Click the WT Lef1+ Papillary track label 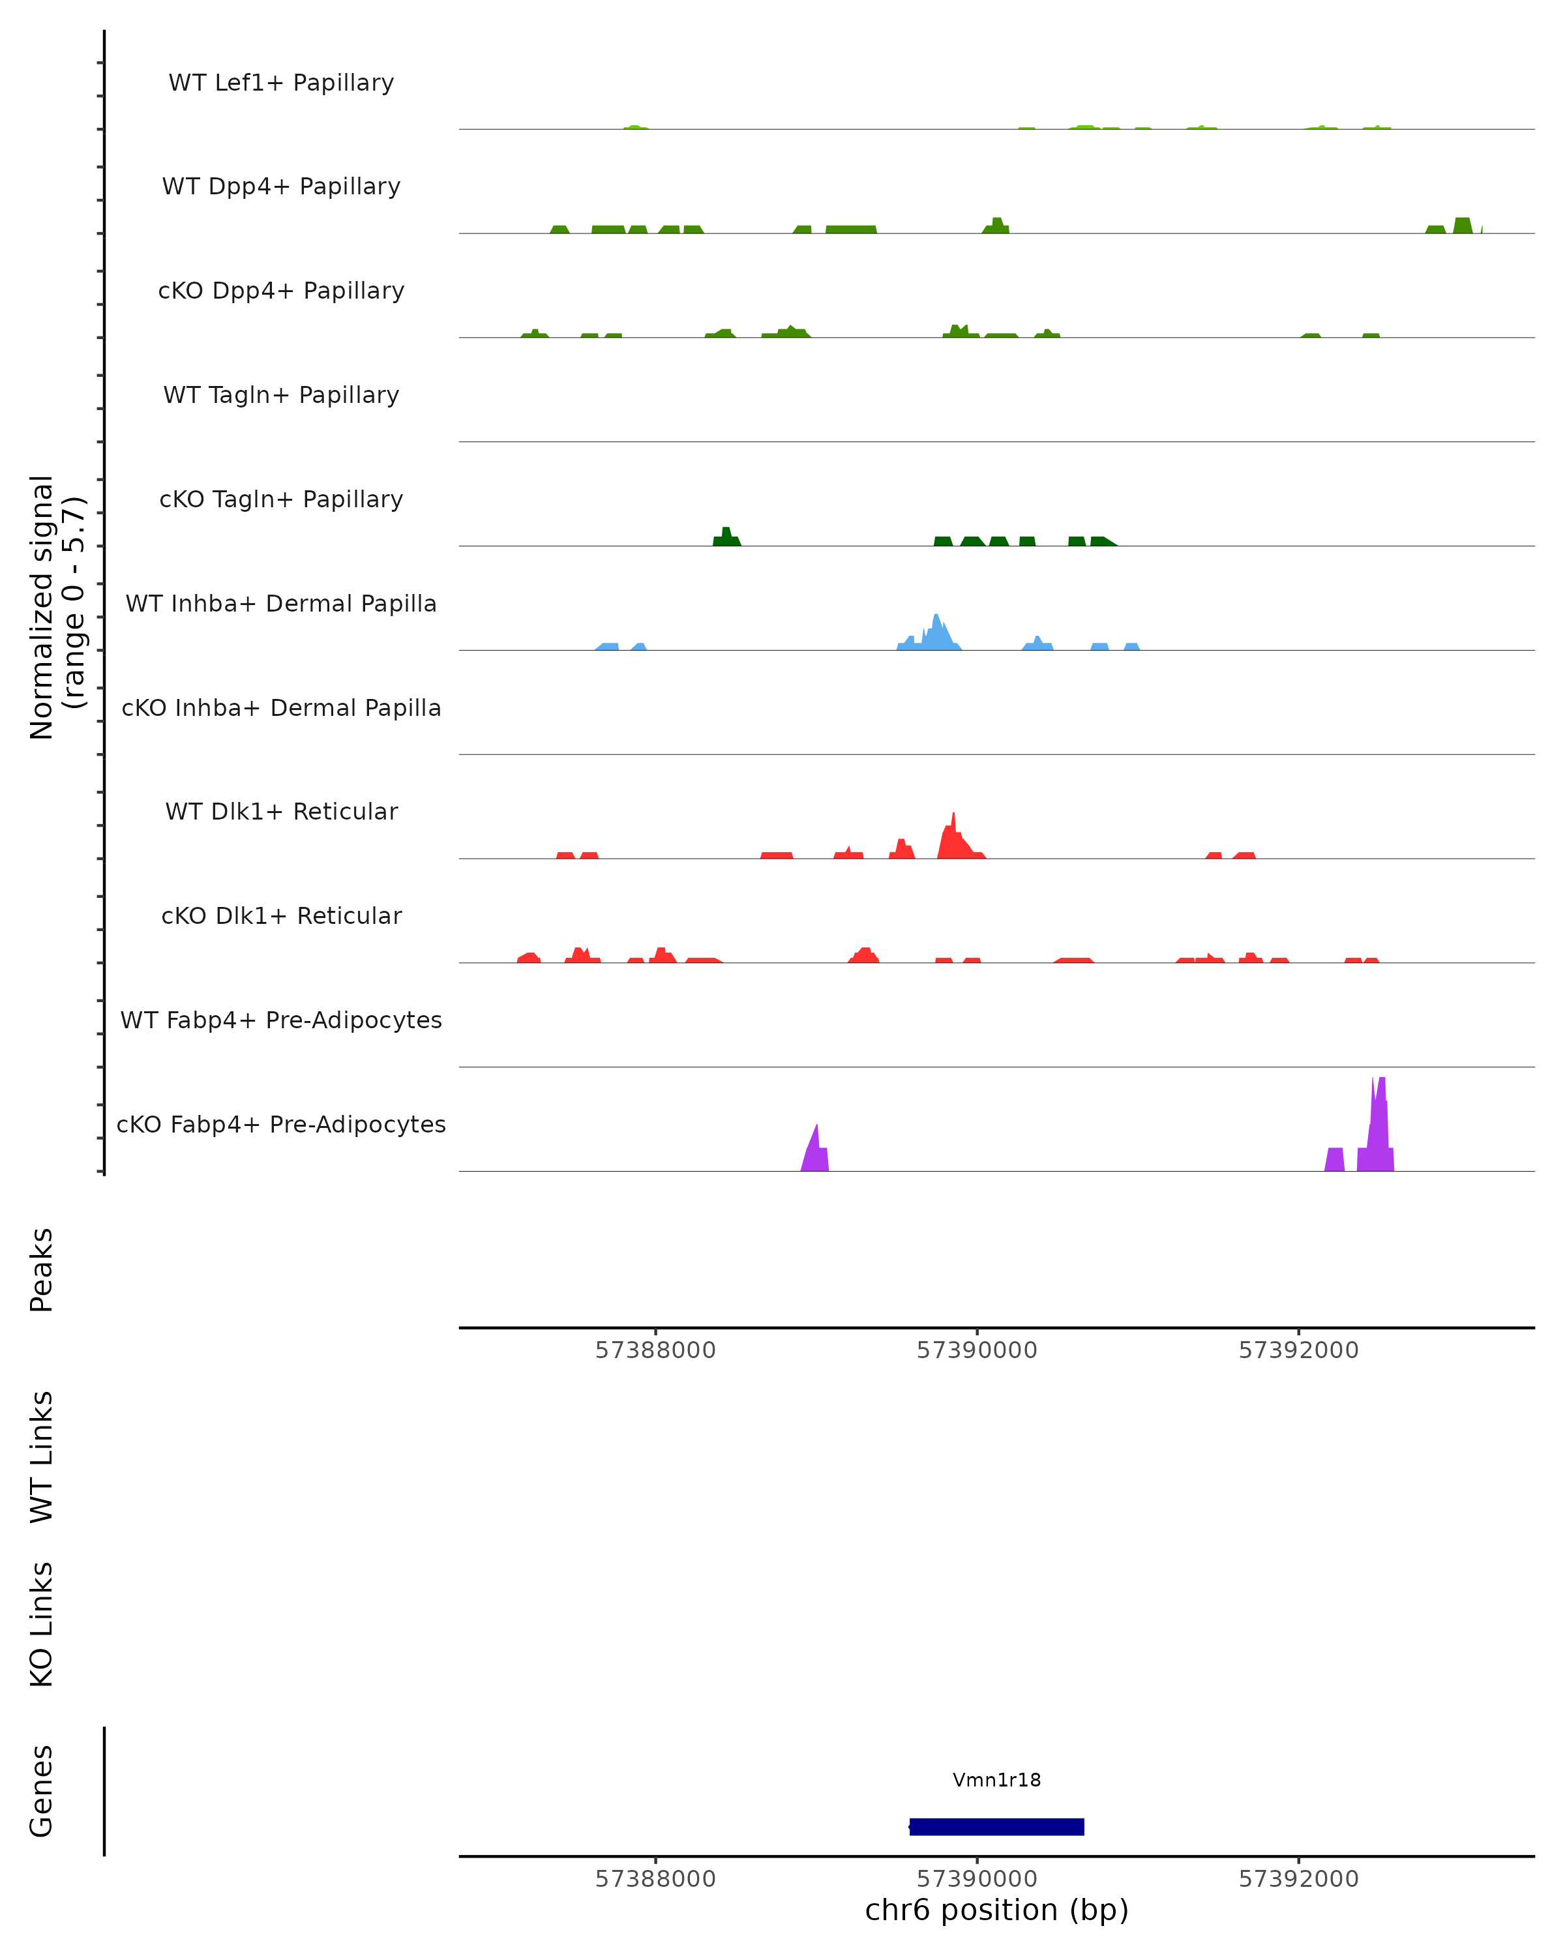point(281,83)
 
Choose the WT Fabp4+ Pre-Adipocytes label point(281,1020)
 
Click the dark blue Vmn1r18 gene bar point(996,1826)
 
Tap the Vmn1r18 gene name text point(996,1780)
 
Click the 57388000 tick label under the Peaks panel point(655,1350)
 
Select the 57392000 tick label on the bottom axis point(1298,1879)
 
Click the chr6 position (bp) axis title point(996,1910)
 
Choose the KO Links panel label point(42,1625)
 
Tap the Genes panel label point(42,1792)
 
